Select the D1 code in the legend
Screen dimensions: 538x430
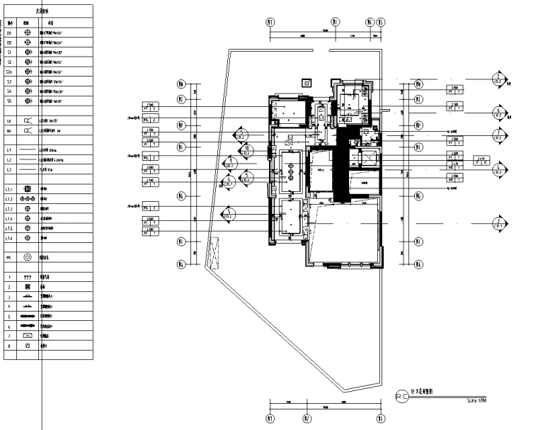(x=10, y=33)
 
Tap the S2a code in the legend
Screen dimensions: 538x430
(x=10, y=72)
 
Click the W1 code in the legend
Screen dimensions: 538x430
(x=10, y=131)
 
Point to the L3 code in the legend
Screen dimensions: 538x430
(x=10, y=170)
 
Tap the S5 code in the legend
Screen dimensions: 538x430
(x=10, y=101)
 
